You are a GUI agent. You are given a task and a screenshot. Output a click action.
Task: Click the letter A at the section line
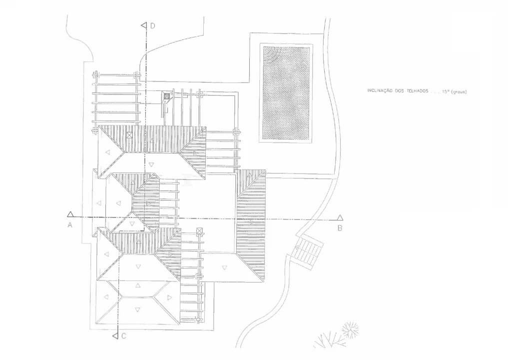coord(69,225)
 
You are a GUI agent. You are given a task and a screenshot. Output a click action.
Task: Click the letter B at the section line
coord(340,228)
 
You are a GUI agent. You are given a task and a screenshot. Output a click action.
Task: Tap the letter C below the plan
coord(123,336)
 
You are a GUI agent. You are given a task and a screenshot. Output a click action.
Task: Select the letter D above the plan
coord(152,26)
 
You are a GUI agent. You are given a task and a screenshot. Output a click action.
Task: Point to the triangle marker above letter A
coord(70,214)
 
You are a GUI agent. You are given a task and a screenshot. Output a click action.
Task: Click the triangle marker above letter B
coord(340,217)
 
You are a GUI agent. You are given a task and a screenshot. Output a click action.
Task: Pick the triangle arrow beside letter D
coord(144,25)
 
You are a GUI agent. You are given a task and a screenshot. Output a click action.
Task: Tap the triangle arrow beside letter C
coord(115,335)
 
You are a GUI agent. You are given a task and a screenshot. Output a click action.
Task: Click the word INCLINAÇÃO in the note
coord(380,91)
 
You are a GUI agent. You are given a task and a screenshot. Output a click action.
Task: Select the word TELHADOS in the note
coord(418,91)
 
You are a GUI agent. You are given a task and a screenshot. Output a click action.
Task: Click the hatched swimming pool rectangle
coord(286,93)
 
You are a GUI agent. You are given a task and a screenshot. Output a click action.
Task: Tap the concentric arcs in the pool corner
coord(271,54)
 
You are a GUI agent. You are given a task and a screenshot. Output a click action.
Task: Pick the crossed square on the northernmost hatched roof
coord(129,135)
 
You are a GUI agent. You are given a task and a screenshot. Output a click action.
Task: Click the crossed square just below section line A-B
coord(200,231)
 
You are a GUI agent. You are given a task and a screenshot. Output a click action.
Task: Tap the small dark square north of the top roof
coord(166,96)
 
